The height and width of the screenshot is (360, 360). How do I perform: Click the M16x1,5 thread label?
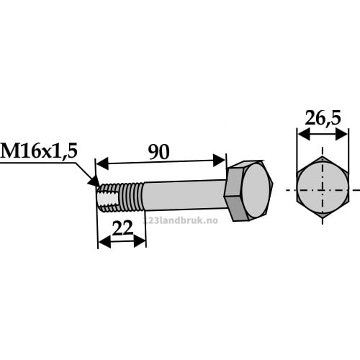click(39, 151)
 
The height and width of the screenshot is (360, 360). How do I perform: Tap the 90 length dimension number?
click(158, 152)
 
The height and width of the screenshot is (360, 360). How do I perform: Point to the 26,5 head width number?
click(323, 118)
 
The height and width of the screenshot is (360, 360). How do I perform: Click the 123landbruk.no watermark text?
click(181, 220)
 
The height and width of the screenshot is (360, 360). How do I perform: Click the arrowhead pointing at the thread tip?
click(94, 181)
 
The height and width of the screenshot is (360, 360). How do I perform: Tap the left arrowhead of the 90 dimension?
click(102, 163)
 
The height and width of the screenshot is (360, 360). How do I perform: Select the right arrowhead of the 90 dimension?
click(219, 161)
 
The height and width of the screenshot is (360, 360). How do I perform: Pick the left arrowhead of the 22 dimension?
click(104, 242)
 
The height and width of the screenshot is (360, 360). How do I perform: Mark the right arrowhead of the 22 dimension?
click(140, 241)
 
